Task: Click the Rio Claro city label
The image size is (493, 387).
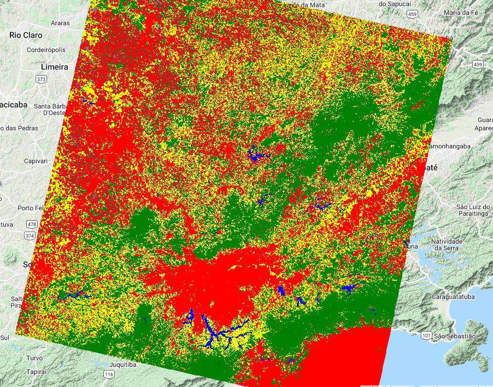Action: pyautogui.click(x=26, y=34)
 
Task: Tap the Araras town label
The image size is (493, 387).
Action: pyautogui.click(x=60, y=24)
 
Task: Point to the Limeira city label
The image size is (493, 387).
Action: pyautogui.click(x=55, y=67)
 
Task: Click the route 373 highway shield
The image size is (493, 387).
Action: pyautogui.click(x=41, y=79)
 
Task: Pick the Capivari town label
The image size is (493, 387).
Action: pyautogui.click(x=36, y=161)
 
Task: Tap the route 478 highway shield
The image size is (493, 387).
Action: pyautogui.click(x=32, y=224)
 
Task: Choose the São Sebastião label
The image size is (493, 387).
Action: pyautogui.click(x=456, y=336)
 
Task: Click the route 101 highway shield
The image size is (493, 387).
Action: pyautogui.click(x=426, y=334)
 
